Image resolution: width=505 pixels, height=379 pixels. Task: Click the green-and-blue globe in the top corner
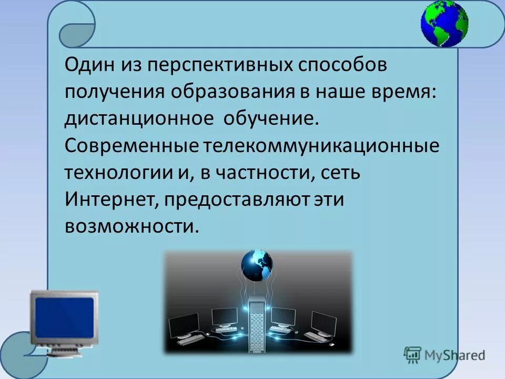(x=444, y=24)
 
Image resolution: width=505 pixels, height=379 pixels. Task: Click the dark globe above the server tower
(x=257, y=263)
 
